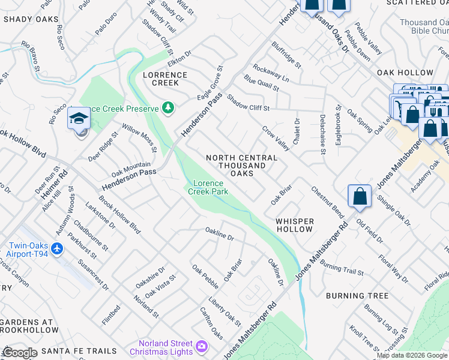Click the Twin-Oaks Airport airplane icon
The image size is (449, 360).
(x=56, y=248)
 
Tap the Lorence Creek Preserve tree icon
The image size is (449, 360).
(x=169, y=108)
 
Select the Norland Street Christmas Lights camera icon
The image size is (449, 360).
(x=201, y=346)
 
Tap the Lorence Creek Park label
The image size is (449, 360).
(x=208, y=187)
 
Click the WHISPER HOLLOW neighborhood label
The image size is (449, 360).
(x=294, y=225)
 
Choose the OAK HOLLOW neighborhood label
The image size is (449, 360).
(x=405, y=73)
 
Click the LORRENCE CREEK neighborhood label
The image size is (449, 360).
(x=165, y=79)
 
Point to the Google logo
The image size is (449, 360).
(x=20, y=353)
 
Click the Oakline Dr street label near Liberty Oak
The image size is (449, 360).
(x=219, y=234)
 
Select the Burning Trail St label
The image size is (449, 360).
(x=342, y=268)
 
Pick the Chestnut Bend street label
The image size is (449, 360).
(x=327, y=202)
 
